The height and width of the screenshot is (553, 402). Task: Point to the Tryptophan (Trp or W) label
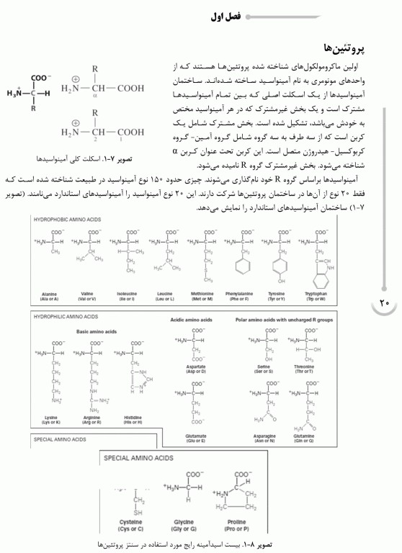pos(316,295)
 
